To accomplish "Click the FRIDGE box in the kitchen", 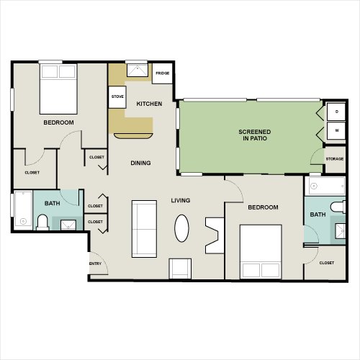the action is pyautogui.click(x=162, y=73).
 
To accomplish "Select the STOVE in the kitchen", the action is pyautogui.click(x=117, y=97).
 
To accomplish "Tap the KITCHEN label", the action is pyautogui.click(x=149, y=104).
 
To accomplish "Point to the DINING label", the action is pyautogui.click(x=140, y=163).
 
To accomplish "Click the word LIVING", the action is pyautogui.click(x=181, y=200).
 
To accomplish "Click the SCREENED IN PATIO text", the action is pyautogui.click(x=255, y=135).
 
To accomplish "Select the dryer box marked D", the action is pyautogui.click(x=336, y=112).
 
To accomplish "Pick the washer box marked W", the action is pyautogui.click(x=336, y=131).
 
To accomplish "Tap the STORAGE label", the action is pyautogui.click(x=335, y=159).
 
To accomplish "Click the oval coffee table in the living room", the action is pyautogui.click(x=181, y=228).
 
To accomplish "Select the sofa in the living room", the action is pyautogui.click(x=144, y=229).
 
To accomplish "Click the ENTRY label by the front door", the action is pyautogui.click(x=96, y=264).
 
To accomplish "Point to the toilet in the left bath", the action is pyautogui.click(x=42, y=222).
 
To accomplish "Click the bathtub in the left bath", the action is pyautogui.click(x=23, y=209).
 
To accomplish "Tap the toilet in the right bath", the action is pyautogui.click(x=338, y=207).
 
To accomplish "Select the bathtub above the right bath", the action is pyautogui.click(x=327, y=186).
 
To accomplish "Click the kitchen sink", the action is pyautogui.click(x=138, y=71).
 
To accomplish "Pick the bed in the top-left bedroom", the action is pyautogui.click(x=58, y=89).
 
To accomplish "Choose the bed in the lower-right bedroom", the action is pyautogui.click(x=261, y=252).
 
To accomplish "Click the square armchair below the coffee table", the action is pyautogui.click(x=180, y=269).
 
